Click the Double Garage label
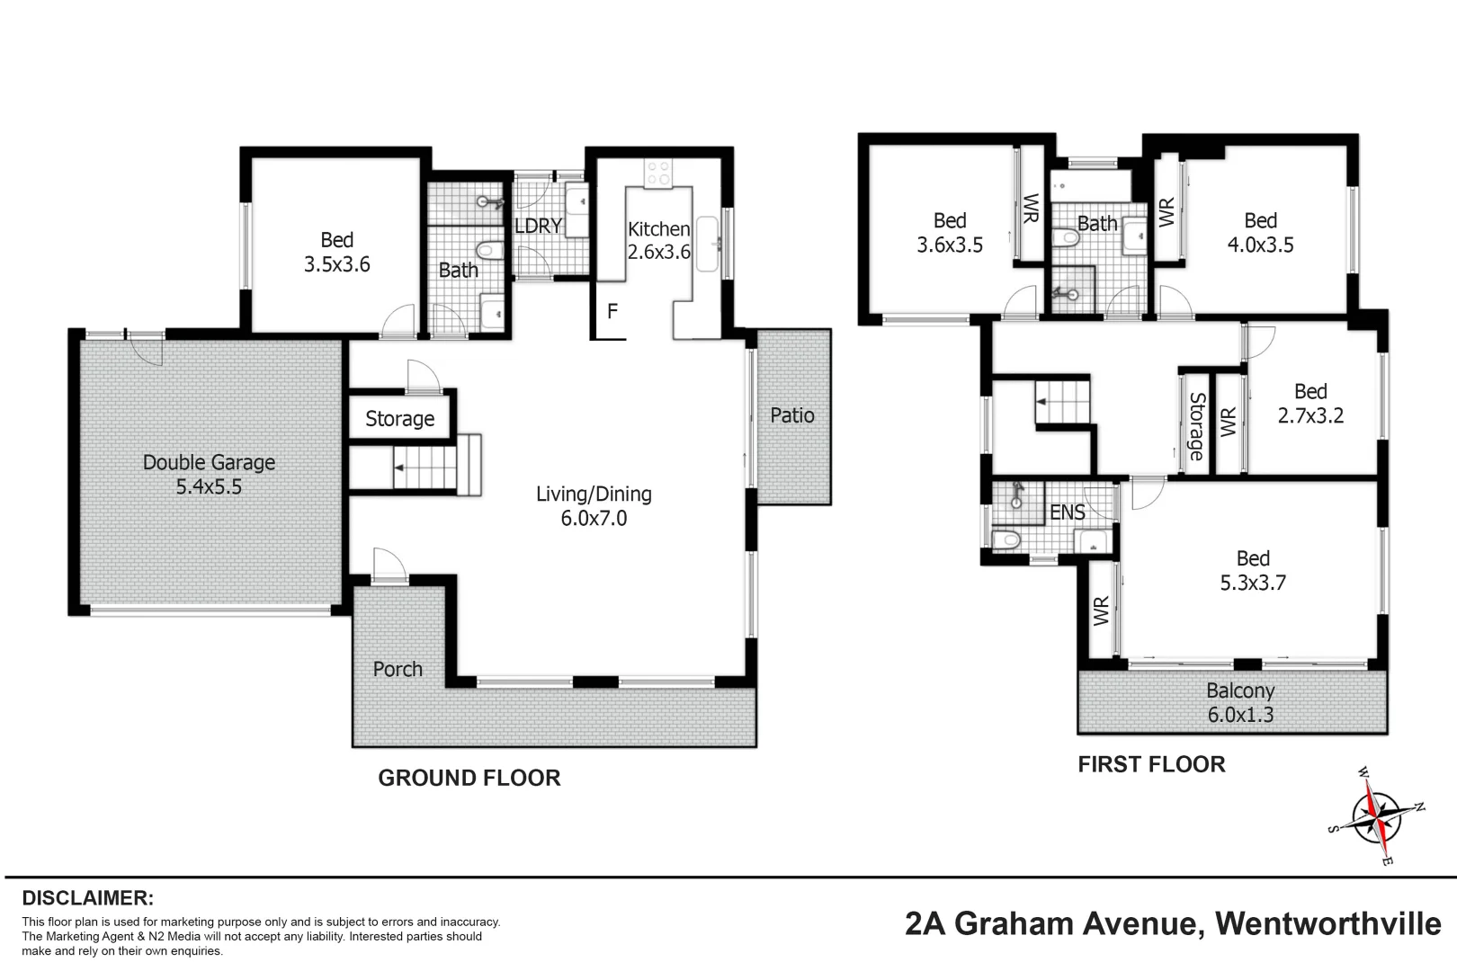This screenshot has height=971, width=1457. pyautogui.click(x=209, y=474)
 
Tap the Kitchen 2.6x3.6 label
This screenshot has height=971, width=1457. pyautogui.click(x=658, y=240)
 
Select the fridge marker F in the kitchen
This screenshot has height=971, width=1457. pyautogui.click(x=612, y=312)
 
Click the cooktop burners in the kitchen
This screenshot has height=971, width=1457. pyautogui.click(x=658, y=173)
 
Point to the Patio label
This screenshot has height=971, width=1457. pyautogui.click(x=791, y=415)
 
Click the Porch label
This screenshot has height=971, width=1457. pyautogui.click(x=398, y=669)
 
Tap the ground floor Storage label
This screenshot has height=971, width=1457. pyautogui.click(x=399, y=419)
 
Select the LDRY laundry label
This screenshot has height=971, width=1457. pyautogui.click(x=538, y=226)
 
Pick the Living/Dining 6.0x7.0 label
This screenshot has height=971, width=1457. pyautogui.click(x=594, y=505)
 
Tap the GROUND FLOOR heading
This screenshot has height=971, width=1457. pyautogui.click(x=469, y=778)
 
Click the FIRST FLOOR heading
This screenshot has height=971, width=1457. pyautogui.click(x=1151, y=764)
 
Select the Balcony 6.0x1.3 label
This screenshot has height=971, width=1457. pyautogui.click(x=1240, y=702)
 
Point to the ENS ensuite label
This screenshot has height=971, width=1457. pyautogui.click(x=1068, y=512)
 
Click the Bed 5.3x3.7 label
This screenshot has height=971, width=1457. pyautogui.click(x=1253, y=570)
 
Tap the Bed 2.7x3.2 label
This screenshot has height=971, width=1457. pyautogui.click(x=1310, y=403)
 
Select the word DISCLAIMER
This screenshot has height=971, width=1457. pyautogui.click(x=87, y=897)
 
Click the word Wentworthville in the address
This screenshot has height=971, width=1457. pyautogui.click(x=1327, y=923)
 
